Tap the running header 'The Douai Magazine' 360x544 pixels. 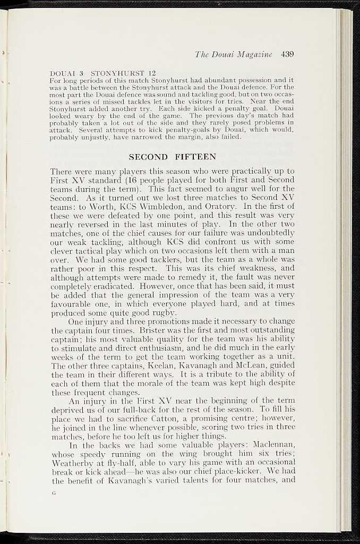click(233, 54)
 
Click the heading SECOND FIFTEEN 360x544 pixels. click(173, 157)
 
